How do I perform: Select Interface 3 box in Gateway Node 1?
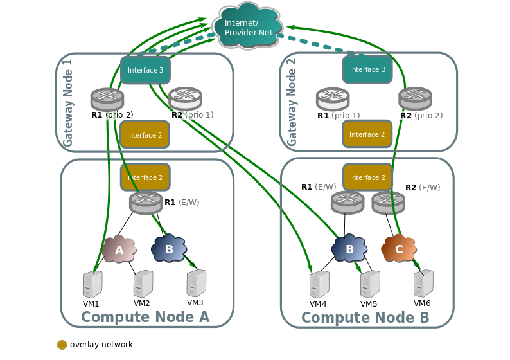pos(145,70)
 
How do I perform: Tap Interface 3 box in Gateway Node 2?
pos(367,69)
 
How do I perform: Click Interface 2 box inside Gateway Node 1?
pos(145,134)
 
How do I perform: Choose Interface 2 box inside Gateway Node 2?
pos(367,134)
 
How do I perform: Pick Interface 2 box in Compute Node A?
pos(145,177)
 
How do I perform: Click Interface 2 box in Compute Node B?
pos(367,177)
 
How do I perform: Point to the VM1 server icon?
pos(92,284)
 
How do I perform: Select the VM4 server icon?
pos(319,284)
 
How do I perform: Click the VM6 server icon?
pos(423,283)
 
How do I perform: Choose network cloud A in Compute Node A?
pos(119,249)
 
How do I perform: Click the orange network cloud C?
pos(399,249)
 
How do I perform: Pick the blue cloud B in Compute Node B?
pos(349,249)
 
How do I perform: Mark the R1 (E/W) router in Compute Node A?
pos(146,203)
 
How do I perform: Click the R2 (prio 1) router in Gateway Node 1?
pos(185,98)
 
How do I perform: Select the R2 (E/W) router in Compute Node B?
pos(388,202)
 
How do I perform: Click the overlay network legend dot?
pos(62,345)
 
